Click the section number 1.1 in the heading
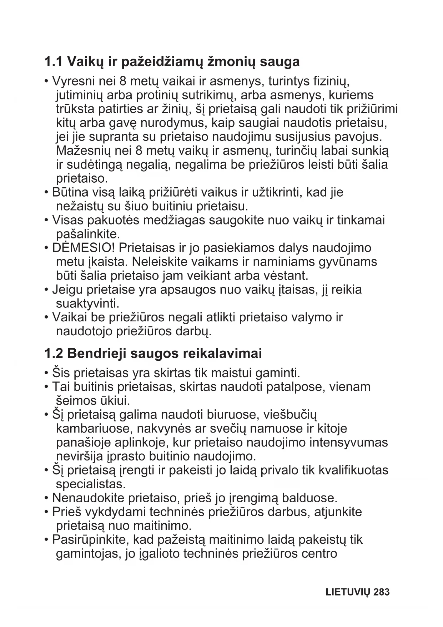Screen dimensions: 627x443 54,62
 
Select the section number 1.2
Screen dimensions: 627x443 54,354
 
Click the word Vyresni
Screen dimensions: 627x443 72,82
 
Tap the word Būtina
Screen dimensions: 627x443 70,192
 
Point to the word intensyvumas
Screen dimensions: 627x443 348,443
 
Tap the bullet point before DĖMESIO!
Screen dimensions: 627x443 46,248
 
